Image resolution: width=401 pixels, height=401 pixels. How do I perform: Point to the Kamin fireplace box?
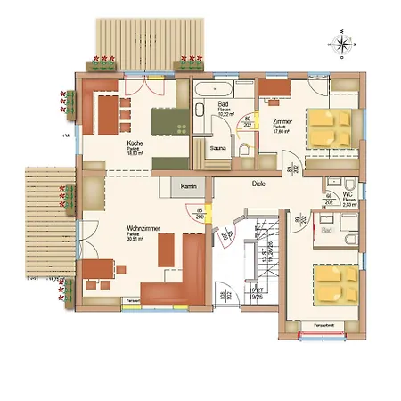coord(187,187)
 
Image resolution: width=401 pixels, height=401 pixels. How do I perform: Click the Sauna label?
coord(217,146)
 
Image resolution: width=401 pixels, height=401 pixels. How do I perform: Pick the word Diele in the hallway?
coord(259,184)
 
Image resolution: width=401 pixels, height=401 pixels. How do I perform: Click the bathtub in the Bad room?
coord(214,91)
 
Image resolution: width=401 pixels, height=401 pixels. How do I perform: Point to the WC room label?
coord(348,193)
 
